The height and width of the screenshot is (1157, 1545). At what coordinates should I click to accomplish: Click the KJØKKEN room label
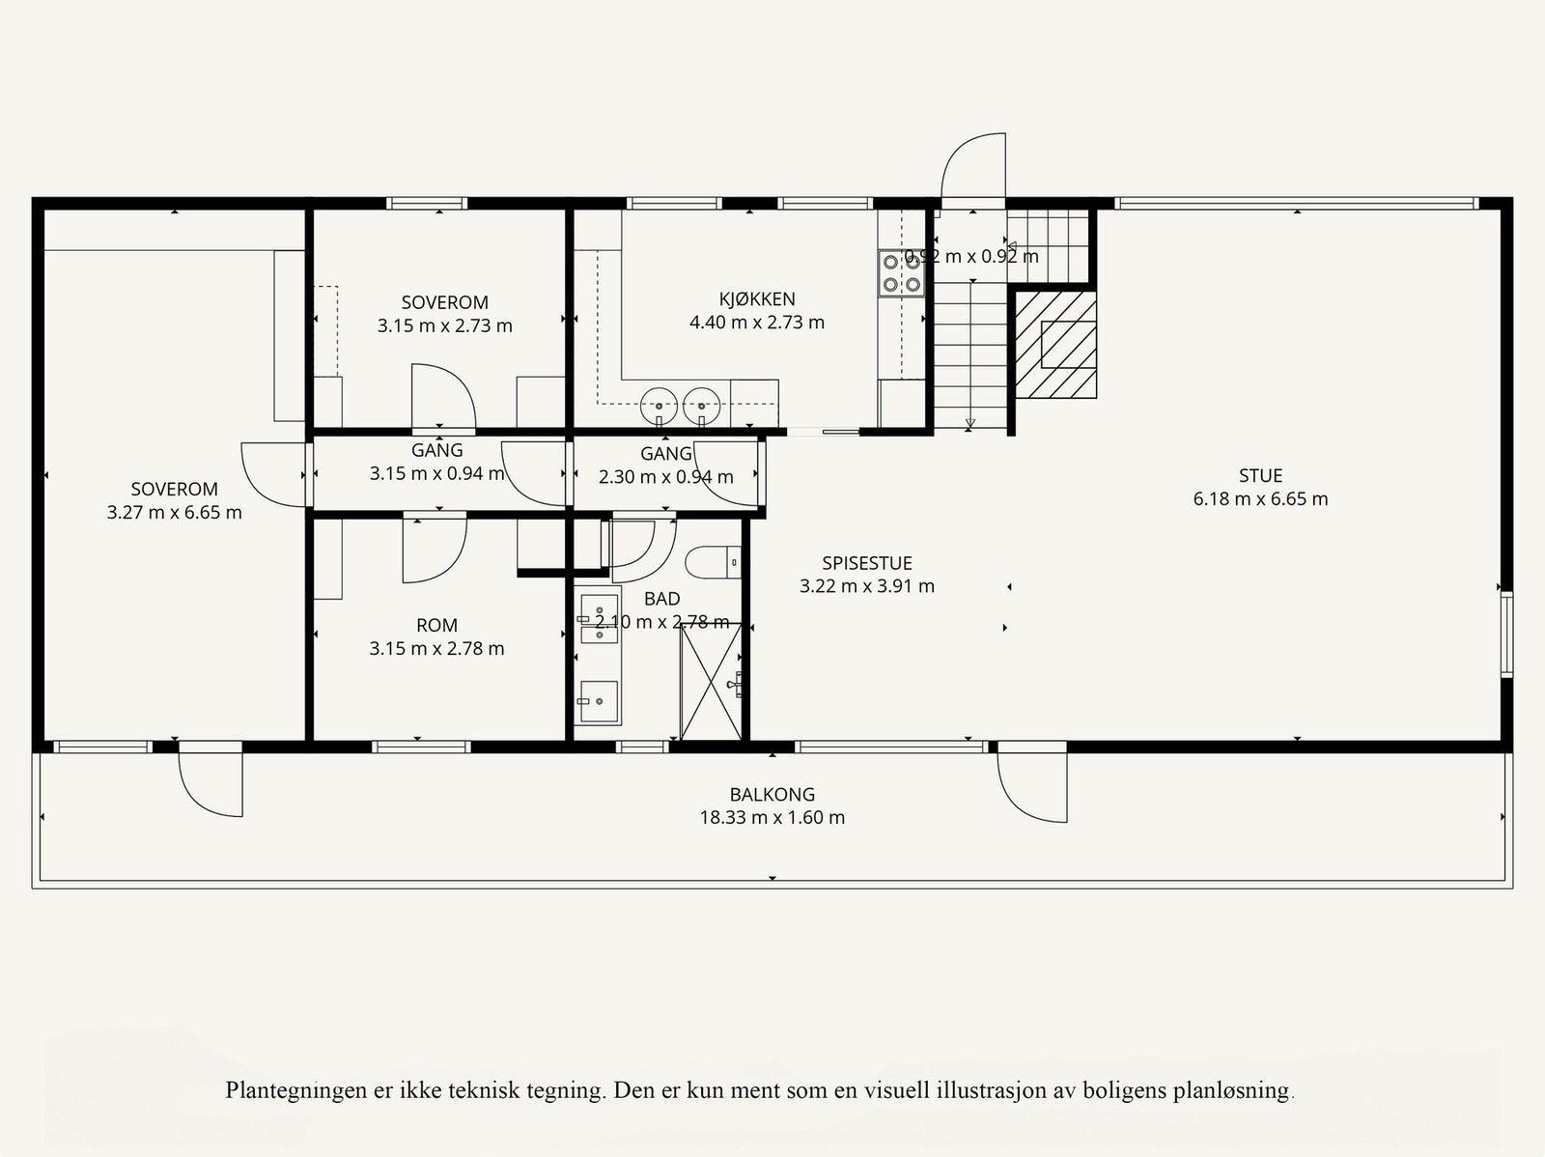click(x=757, y=299)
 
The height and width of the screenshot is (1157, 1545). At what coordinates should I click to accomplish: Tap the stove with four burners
click(x=900, y=271)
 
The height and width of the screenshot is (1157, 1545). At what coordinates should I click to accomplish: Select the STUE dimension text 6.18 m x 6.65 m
click(x=1260, y=499)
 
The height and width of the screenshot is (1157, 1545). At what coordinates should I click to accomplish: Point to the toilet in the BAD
click(x=712, y=562)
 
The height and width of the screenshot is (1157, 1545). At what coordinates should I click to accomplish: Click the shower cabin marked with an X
click(x=711, y=682)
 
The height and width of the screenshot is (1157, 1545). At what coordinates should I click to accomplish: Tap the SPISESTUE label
click(x=866, y=563)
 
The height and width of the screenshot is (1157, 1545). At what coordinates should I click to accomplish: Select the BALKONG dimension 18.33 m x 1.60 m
click(x=772, y=818)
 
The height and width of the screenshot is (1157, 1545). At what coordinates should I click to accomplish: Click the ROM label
click(x=436, y=626)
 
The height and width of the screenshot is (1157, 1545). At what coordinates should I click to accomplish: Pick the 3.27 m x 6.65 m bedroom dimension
click(x=175, y=513)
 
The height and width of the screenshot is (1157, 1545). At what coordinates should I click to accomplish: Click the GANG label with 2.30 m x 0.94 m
click(x=665, y=454)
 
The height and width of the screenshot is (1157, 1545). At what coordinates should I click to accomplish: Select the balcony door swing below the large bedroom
click(x=210, y=783)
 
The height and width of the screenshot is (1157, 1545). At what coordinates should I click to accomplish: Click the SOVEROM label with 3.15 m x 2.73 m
click(x=444, y=302)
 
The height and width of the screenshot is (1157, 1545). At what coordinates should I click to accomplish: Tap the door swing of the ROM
click(x=434, y=550)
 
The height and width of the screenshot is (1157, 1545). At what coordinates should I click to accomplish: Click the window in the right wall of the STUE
click(x=1505, y=633)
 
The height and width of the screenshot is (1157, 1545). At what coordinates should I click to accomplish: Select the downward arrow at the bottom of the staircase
click(x=969, y=422)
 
